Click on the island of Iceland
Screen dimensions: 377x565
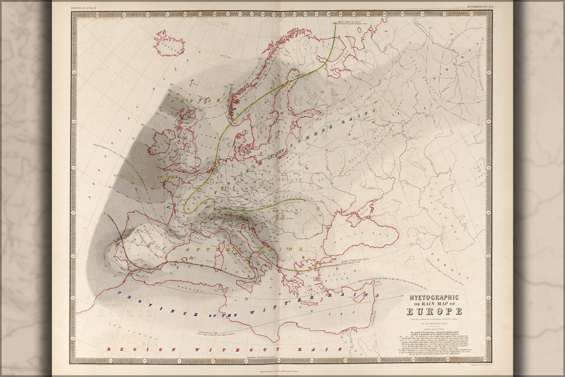169,44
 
